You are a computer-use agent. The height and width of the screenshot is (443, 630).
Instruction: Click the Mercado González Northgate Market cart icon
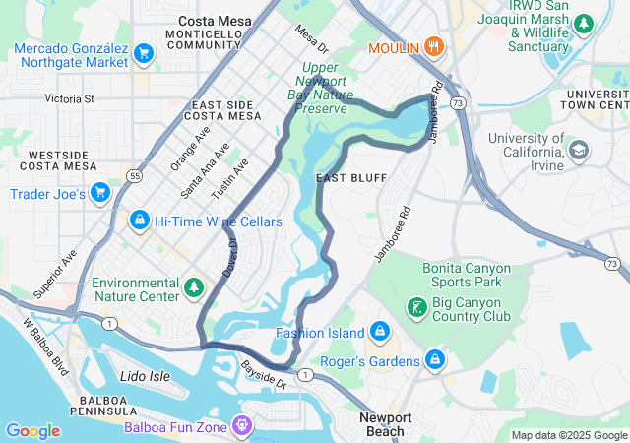click(144, 52)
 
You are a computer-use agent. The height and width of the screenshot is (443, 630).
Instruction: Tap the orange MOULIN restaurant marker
click(433, 47)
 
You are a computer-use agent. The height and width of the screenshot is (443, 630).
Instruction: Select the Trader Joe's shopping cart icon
click(99, 193)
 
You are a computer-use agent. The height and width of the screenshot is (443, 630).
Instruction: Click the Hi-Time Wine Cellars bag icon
click(139, 220)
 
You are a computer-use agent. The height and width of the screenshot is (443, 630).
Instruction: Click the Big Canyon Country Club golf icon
click(417, 309)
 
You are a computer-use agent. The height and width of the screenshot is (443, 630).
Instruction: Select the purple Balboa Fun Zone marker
click(242, 426)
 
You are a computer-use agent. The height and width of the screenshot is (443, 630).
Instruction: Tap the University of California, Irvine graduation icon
click(581, 149)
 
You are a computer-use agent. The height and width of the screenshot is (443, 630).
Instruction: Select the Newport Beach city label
click(385, 424)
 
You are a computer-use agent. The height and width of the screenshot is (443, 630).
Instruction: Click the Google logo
click(32, 431)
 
